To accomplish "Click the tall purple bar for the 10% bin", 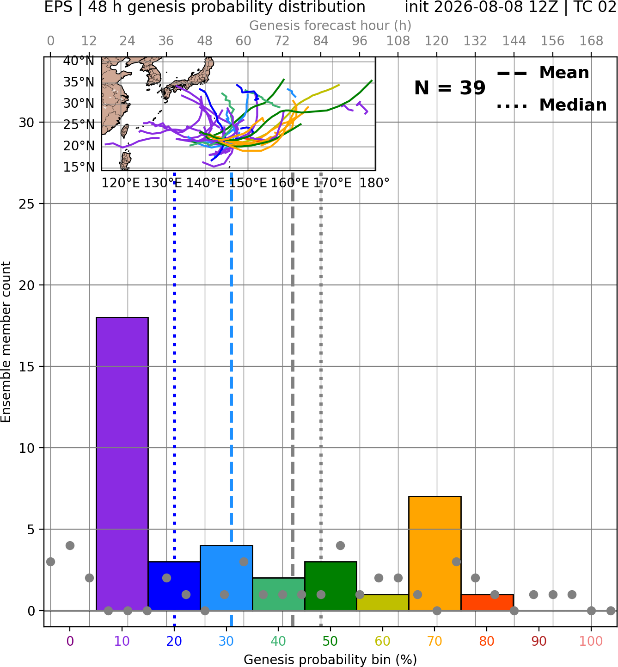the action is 122,464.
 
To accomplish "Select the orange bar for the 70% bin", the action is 434,553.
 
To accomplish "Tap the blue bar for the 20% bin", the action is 174,586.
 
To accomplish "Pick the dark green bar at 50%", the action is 330,586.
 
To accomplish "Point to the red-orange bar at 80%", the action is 487,603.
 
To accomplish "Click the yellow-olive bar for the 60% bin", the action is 383,603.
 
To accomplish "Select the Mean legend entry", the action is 543,73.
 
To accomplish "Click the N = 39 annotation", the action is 450,88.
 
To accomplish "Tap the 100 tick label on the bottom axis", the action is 591,642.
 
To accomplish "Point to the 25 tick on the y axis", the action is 27,204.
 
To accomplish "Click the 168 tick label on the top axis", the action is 591,41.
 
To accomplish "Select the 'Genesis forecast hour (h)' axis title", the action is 330,25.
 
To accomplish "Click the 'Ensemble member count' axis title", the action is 6,342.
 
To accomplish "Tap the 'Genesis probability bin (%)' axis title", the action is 330,660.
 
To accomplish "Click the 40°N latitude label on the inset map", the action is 79,61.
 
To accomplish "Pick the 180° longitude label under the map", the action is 374,183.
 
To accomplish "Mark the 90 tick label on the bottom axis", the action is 539,642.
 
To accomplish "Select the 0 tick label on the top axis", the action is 50,41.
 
